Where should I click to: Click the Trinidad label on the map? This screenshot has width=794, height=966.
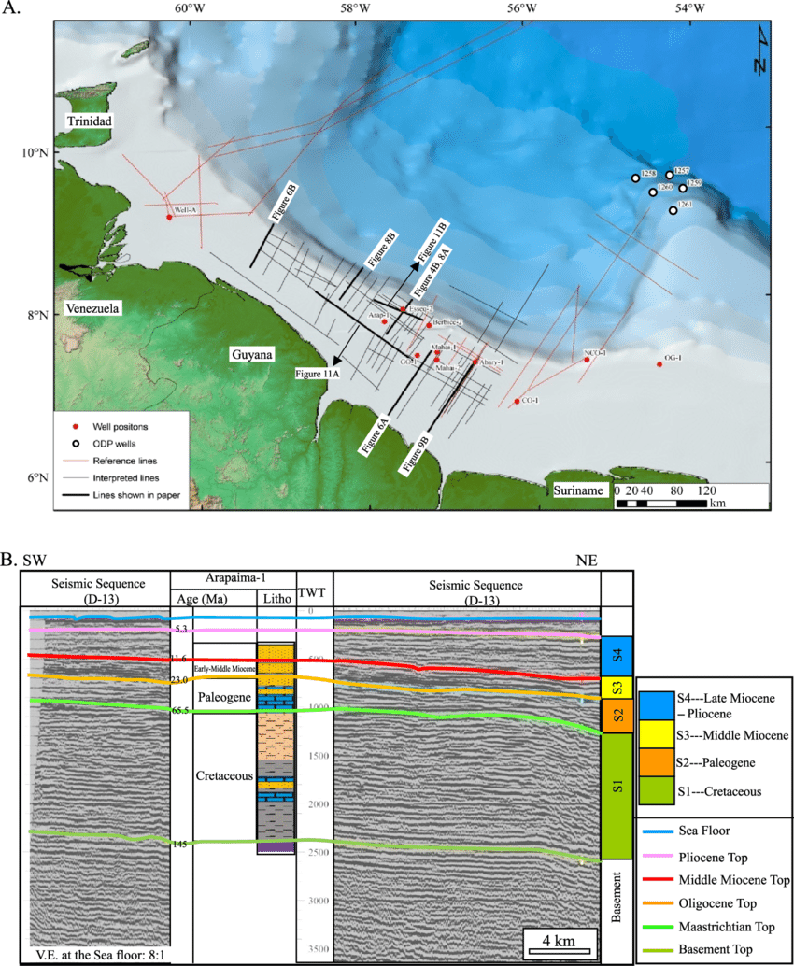click(x=90, y=122)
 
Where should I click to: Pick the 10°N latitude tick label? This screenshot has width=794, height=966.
click(x=35, y=152)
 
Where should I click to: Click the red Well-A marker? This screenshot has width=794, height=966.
click(x=169, y=217)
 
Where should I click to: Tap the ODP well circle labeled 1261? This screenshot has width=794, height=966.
click(x=673, y=210)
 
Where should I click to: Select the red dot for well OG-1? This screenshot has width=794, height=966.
click(x=659, y=364)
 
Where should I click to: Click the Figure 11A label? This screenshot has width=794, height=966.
click(x=318, y=374)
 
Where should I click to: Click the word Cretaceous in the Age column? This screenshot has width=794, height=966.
click(x=224, y=776)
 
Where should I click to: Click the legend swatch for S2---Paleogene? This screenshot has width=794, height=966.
click(x=657, y=763)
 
